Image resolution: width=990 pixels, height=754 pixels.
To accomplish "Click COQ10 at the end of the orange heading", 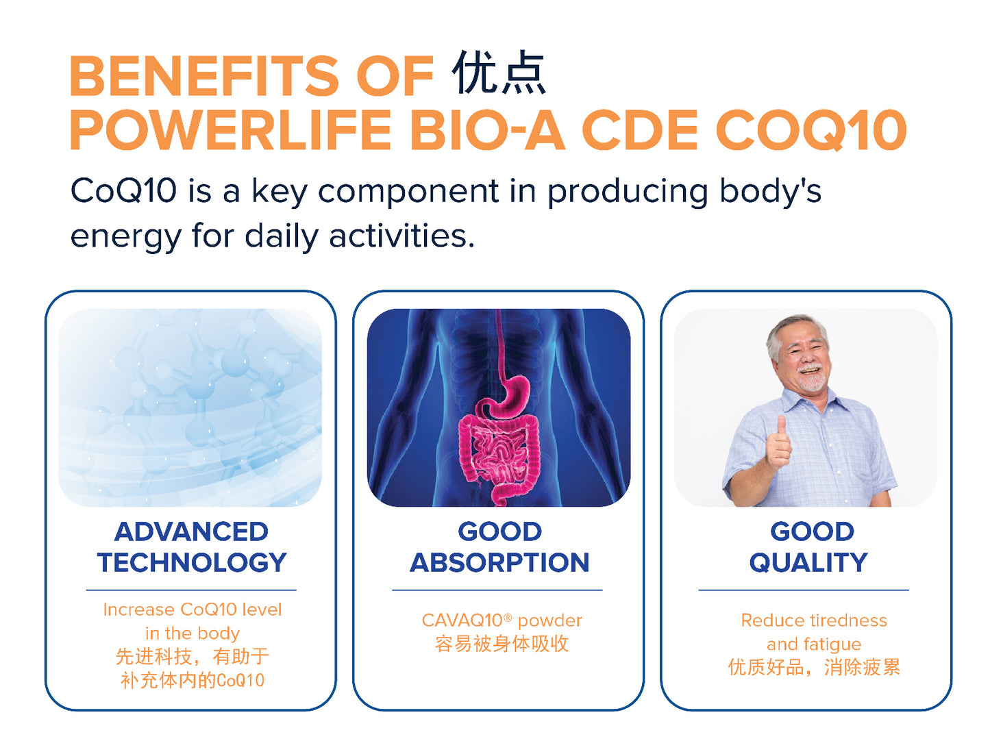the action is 811,130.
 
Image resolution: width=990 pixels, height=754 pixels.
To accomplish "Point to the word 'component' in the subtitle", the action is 408,192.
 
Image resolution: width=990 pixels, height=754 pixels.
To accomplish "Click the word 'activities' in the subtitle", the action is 401,236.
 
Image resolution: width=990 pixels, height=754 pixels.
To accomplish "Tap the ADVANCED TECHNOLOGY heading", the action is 192,546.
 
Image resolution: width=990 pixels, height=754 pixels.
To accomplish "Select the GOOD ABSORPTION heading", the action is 499,546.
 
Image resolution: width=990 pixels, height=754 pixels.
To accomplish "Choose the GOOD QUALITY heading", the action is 808,546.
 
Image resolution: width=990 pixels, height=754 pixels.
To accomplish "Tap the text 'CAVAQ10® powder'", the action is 502,620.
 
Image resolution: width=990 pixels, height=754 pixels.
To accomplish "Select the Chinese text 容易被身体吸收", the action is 502,644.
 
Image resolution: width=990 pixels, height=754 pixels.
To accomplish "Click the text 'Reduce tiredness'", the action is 814,620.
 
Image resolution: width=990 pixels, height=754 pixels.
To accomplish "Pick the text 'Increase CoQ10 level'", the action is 193,610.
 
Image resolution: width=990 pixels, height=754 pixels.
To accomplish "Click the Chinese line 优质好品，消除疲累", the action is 814,668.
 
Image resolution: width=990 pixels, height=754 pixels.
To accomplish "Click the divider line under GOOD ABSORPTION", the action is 497,590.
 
